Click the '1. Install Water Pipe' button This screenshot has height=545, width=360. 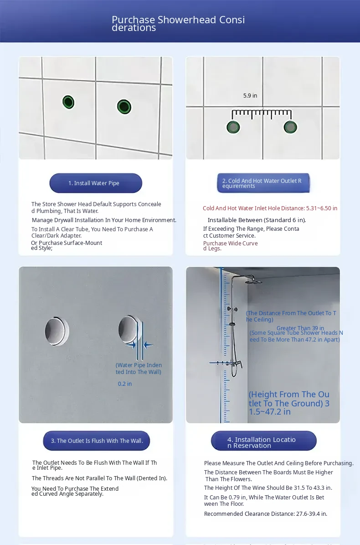click(96, 183)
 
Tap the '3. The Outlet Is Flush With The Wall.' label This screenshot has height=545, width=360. click(97, 441)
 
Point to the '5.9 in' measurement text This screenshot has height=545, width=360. click(250, 96)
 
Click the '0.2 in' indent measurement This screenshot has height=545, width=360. click(124, 384)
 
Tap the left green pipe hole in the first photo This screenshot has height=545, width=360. click(68, 102)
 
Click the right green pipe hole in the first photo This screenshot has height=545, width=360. click(124, 106)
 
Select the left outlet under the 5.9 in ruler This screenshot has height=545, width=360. click(233, 127)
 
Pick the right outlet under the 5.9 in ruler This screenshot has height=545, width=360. click(290, 127)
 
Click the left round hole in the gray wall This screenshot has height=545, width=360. click(57, 331)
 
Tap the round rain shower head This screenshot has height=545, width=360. click(253, 282)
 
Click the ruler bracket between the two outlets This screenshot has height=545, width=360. click(262, 112)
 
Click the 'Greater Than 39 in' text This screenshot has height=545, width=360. click(300, 328)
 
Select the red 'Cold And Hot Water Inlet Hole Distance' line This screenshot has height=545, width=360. click(270, 208)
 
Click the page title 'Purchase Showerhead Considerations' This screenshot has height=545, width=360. click(178, 23)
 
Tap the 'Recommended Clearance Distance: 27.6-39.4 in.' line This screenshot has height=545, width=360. click(266, 514)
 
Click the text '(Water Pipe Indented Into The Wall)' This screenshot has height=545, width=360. click(139, 369)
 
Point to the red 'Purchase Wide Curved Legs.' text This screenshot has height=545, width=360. click(230, 246)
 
